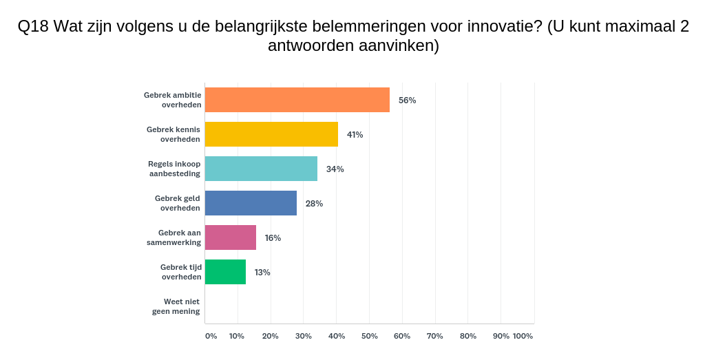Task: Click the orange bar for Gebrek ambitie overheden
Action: pyautogui.click(x=297, y=100)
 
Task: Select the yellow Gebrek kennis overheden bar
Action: pyautogui.click(x=271, y=134)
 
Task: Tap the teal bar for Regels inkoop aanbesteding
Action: pyautogui.click(x=261, y=169)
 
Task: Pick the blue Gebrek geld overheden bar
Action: pyautogui.click(x=251, y=203)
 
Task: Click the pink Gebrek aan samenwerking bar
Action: pyautogui.click(x=231, y=237)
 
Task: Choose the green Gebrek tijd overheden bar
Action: pyautogui.click(x=225, y=272)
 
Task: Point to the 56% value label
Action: pyautogui.click(x=407, y=100)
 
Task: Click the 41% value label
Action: pyautogui.click(x=355, y=134)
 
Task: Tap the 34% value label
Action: pyautogui.click(x=335, y=169)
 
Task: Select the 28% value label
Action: pyautogui.click(x=314, y=203)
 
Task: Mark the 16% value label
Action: pyautogui.click(x=273, y=237)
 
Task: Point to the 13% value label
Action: pyautogui.click(x=262, y=272)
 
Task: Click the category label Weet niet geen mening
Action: pyautogui.click(x=176, y=306)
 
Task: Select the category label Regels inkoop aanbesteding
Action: pyautogui.click(x=174, y=169)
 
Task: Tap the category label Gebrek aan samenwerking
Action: pyautogui.click(x=173, y=237)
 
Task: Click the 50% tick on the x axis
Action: pyautogui.click(x=369, y=336)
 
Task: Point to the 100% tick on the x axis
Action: pyautogui.click(x=523, y=336)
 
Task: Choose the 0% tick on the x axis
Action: pyautogui.click(x=211, y=336)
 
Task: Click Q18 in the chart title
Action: pyautogui.click(x=32, y=26)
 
